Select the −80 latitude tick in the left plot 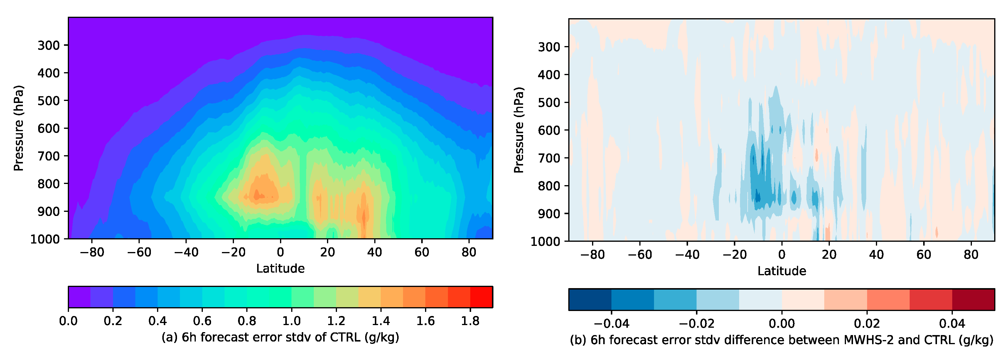92,252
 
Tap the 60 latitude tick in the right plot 923,254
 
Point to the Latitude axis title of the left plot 280,268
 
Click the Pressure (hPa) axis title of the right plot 518,130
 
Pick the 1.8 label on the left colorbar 470,321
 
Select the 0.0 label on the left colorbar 68,321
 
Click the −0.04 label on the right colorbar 611,324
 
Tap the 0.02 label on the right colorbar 867,324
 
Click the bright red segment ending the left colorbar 481,297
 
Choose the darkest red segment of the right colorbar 973,300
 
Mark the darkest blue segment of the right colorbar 590,300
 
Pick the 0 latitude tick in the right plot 781,254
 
